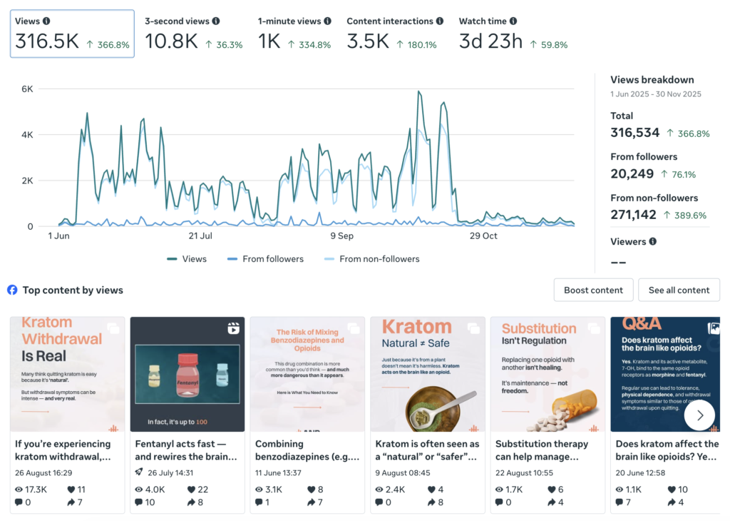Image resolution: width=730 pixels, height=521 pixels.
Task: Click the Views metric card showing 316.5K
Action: click(72, 34)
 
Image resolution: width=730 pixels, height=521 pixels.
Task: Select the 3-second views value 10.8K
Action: click(171, 41)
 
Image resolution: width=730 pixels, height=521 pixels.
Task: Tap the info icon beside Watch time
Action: click(513, 21)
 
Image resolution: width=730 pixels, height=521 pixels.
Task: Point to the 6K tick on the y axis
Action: click(26, 89)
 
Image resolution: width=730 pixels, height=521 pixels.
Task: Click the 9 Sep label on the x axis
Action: click(341, 236)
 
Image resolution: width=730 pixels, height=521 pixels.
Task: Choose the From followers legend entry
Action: click(265, 259)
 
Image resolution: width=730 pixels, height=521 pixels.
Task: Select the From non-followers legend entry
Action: click(372, 259)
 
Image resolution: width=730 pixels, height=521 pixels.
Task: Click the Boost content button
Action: click(593, 290)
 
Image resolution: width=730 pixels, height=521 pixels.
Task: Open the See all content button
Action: click(679, 290)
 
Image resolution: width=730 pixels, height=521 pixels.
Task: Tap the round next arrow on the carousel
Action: click(699, 415)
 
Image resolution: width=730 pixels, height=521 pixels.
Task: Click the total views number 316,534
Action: click(634, 133)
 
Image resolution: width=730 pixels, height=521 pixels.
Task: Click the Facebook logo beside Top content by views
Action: click(12, 290)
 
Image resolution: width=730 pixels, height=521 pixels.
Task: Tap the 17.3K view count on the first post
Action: click(36, 490)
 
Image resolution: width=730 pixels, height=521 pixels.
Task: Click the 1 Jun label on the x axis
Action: click(58, 236)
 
